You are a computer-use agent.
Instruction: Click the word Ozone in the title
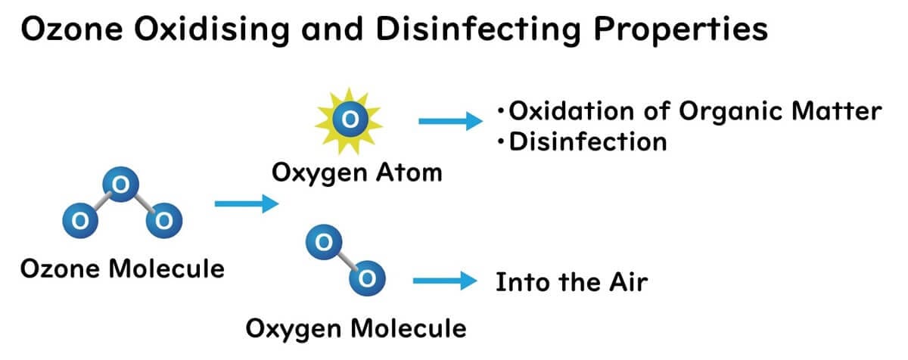tap(72, 29)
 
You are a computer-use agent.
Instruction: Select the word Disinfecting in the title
tap(479, 30)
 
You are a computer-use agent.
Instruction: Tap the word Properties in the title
tap(681, 30)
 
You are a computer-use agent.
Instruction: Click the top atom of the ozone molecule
tap(121, 185)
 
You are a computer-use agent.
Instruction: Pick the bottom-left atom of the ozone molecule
tap(80, 220)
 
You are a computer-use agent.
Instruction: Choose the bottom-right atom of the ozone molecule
tap(163, 220)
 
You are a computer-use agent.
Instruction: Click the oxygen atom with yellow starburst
tap(350, 119)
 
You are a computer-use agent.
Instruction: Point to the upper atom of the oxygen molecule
tap(324, 242)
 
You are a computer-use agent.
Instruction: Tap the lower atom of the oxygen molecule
tap(367, 278)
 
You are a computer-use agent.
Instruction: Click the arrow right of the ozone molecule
tap(247, 203)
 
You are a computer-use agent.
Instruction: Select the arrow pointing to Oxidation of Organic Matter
tap(451, 121)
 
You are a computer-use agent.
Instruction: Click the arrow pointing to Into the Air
tap(445, 281)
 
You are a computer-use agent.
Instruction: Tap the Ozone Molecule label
tap(123, 269)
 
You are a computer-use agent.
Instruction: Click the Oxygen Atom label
tap(357, 173)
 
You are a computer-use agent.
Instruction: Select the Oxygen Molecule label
tap(356, 329)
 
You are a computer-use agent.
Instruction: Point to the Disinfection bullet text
tap(588, 142)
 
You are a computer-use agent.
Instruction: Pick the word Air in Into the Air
tap(628, 282)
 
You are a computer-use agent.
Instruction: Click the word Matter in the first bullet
tap(837, 111)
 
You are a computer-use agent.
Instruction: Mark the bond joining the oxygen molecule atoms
tap(346, 260)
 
